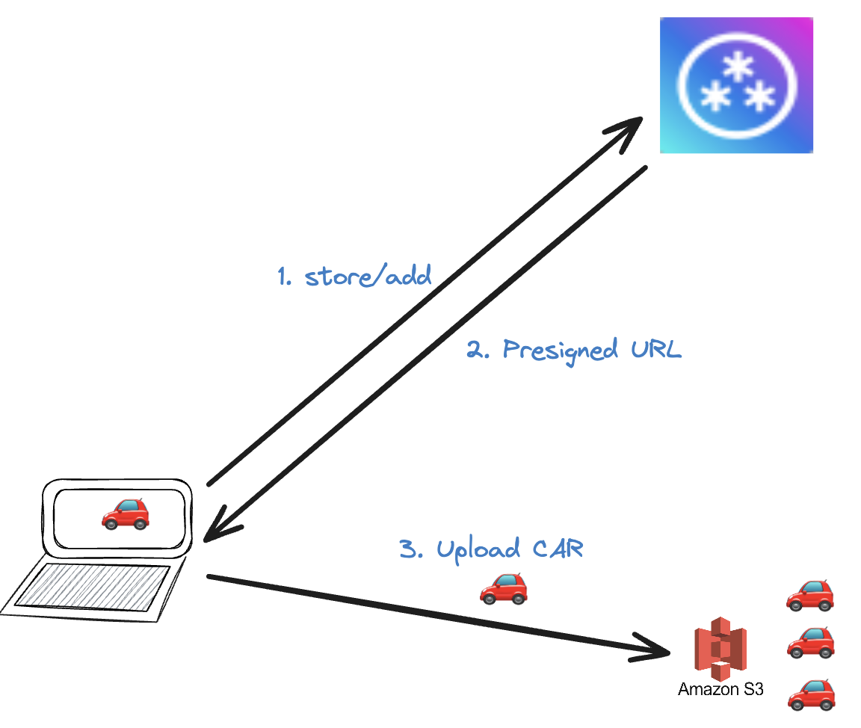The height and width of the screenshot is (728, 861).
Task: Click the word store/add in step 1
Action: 368,277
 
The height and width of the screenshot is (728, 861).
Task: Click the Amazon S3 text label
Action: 720,689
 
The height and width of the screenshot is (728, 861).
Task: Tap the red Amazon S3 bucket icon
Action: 720,647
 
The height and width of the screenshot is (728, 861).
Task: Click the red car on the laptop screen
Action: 126,513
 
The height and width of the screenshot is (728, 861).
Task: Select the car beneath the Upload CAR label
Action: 503,588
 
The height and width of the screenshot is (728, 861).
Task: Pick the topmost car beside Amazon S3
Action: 809,594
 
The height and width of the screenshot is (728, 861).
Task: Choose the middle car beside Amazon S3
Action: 809,643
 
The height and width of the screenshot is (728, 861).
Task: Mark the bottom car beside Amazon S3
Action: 811,694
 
